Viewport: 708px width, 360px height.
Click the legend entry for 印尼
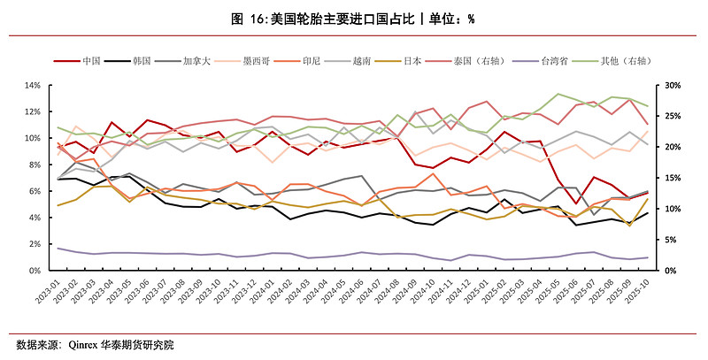315,60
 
